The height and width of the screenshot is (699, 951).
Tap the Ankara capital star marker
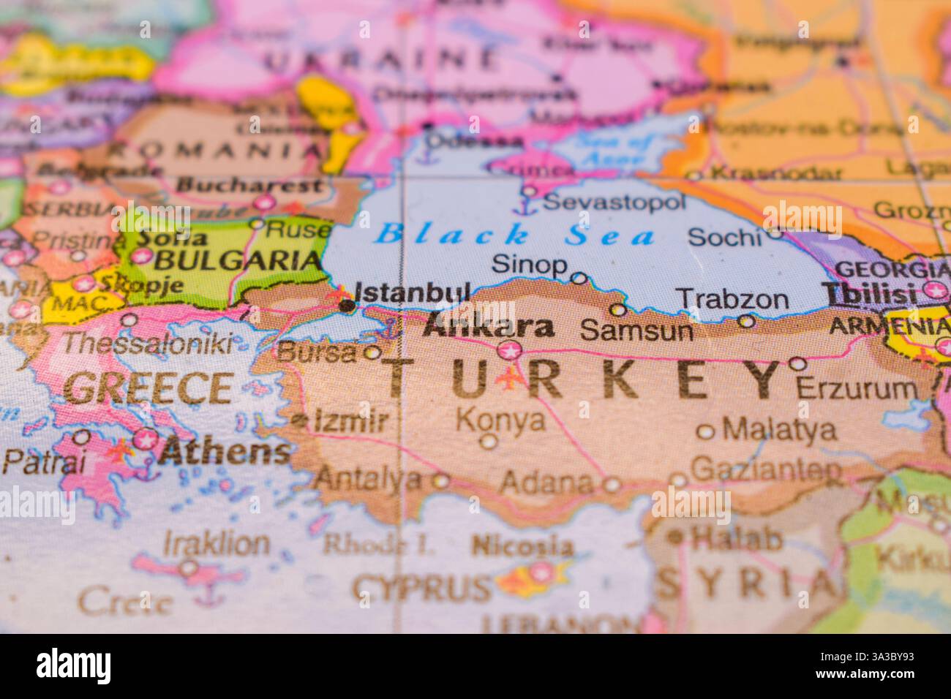point(510,350)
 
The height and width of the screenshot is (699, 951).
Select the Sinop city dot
point(579,278)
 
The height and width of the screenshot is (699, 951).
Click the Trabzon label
point(732,299)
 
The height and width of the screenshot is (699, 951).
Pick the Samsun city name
point(636,331)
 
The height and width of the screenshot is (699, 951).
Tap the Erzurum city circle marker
point(798,363)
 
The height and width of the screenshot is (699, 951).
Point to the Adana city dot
point(611,484)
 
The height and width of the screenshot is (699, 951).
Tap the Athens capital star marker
point(146,439)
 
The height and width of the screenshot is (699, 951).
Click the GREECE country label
point(149,388)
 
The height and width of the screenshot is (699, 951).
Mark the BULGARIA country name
point(238,260)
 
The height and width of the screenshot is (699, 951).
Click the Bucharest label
point(249,184)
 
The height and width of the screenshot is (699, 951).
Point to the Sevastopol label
point(615,201)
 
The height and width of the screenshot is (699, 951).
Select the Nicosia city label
point(522,545)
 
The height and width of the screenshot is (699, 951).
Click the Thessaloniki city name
point(149,343)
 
